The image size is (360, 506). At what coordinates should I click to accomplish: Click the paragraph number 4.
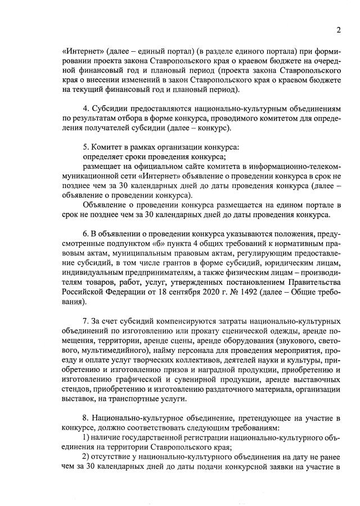click(85, 108)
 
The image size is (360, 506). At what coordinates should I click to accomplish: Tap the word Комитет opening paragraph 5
click(106, 146)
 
